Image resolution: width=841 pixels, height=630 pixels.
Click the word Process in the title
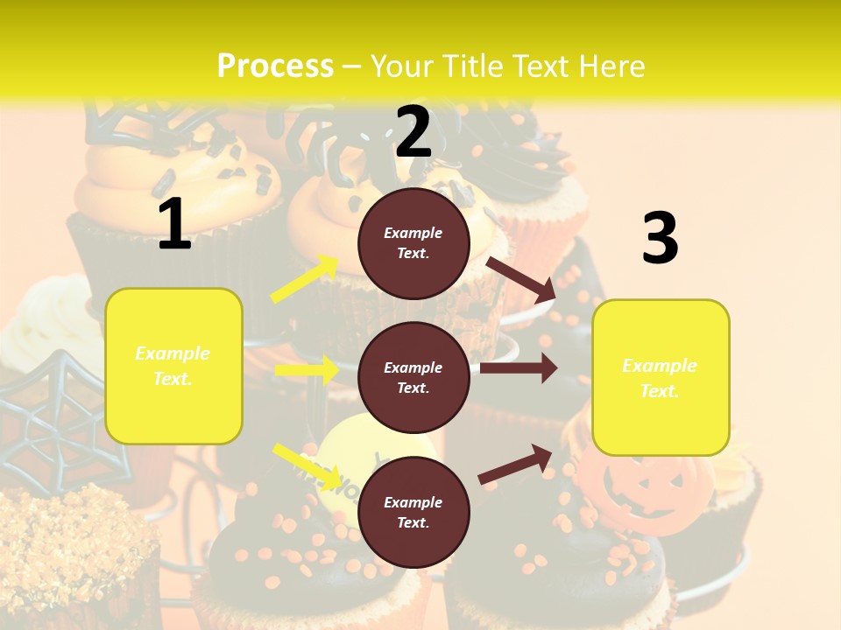[275, 66]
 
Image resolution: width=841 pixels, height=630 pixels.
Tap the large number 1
[174, 224]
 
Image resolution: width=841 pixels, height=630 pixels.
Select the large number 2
[413, 132]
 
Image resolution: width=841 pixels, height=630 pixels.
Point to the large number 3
[660, 238]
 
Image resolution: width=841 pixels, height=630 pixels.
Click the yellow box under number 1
[173, 366]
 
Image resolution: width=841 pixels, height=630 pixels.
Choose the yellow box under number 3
[660, 377]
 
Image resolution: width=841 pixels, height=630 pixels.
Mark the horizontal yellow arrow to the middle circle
[307, 370]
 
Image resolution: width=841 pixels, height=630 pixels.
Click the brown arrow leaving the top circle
[520, 279]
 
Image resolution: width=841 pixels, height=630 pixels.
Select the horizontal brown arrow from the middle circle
[519, 368]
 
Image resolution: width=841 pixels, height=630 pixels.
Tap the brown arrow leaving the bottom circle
[515, 464]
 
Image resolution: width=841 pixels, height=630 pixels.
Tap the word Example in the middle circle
[413, 367]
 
